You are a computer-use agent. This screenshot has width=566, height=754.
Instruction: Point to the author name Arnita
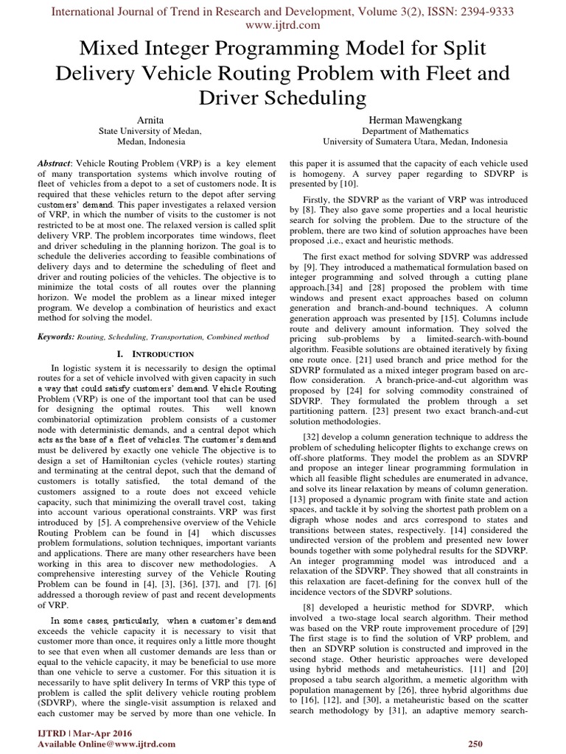tap(150, 118)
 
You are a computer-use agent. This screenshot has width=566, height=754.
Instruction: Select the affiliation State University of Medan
tap(150, 130)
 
